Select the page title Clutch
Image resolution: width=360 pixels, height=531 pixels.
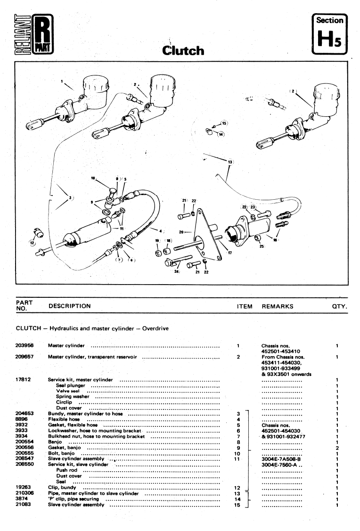[183, 50]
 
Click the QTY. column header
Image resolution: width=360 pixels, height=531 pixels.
[339, 306]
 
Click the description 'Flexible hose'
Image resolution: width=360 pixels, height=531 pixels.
[64, 419]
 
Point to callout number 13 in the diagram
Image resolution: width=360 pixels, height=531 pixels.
[230, 162]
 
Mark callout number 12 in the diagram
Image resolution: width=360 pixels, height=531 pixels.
[32, 243]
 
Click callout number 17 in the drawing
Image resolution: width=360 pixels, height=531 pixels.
[229, 253]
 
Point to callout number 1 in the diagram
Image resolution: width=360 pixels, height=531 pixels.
[62, 81]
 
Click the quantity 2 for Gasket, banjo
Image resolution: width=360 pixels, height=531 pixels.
[338, 448]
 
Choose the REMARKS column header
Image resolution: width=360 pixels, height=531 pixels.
[277, 306]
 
